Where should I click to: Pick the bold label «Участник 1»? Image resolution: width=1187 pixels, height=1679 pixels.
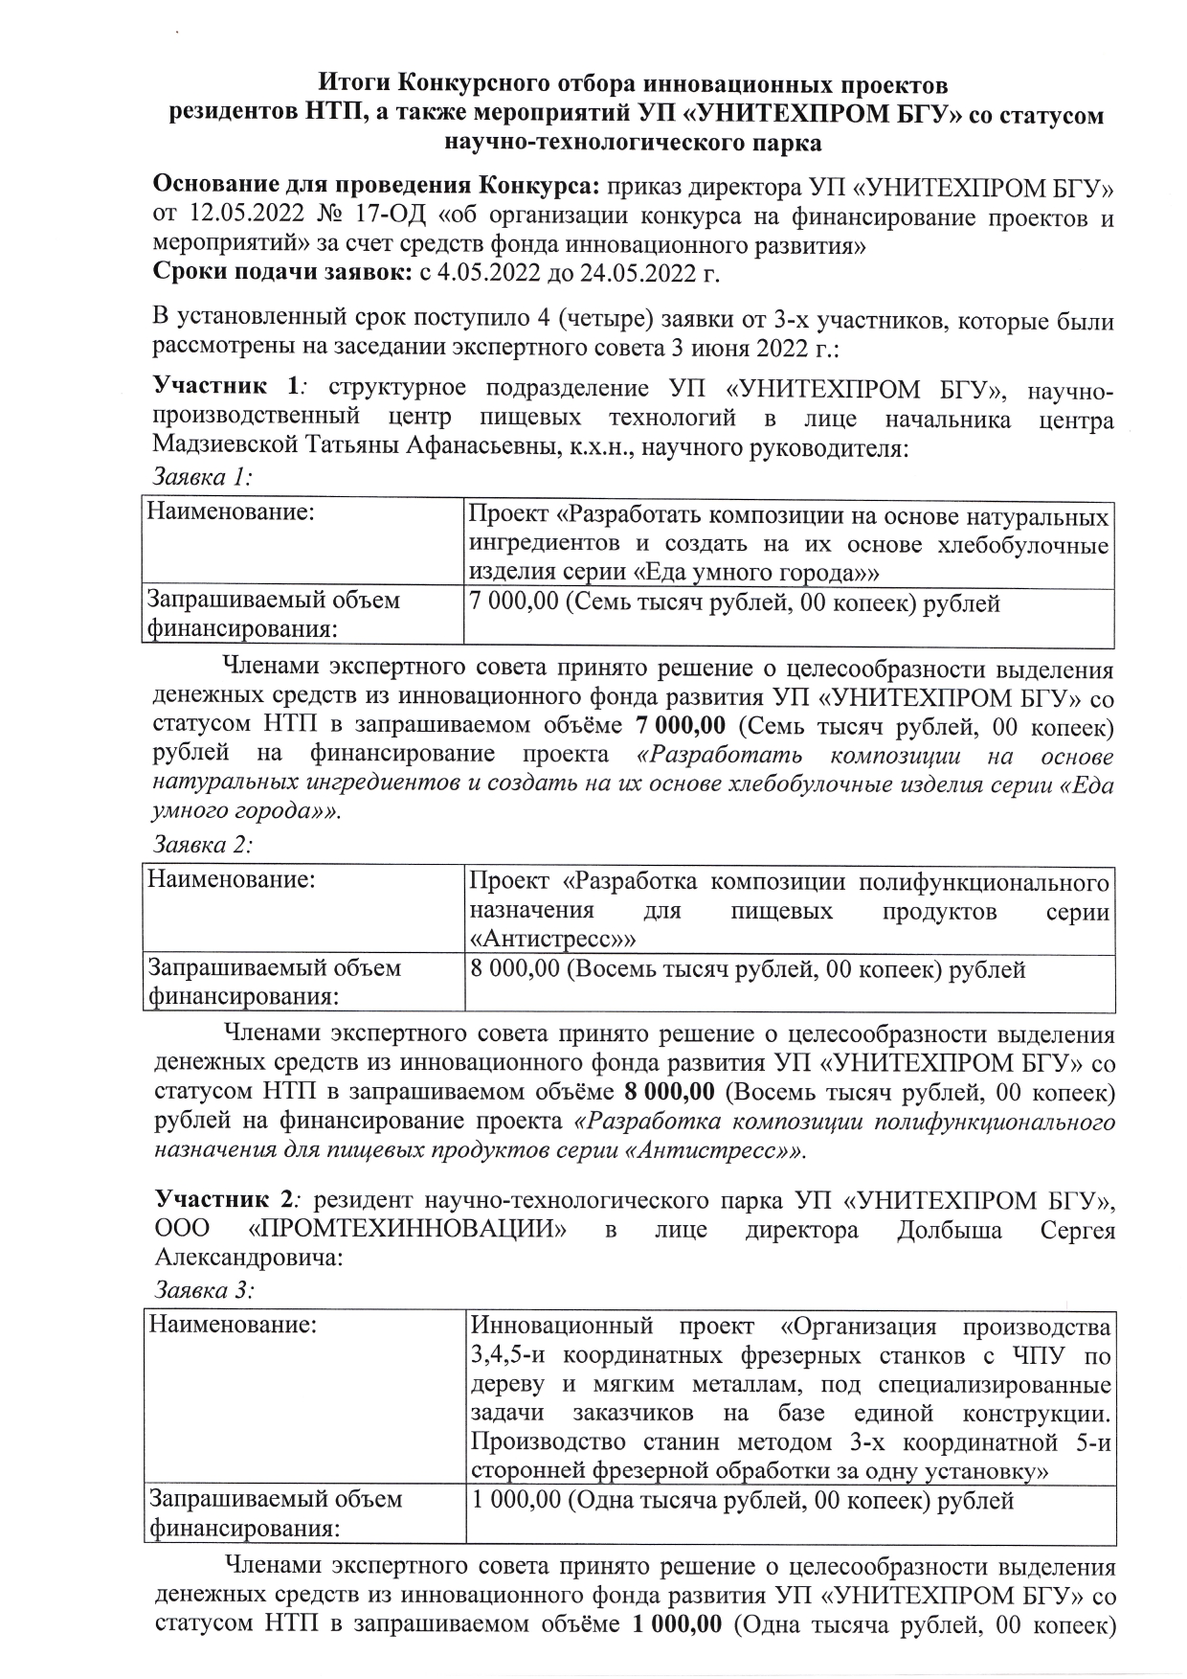click(226, 388)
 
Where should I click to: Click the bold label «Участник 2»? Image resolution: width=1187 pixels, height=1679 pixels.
click(228, 1201)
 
